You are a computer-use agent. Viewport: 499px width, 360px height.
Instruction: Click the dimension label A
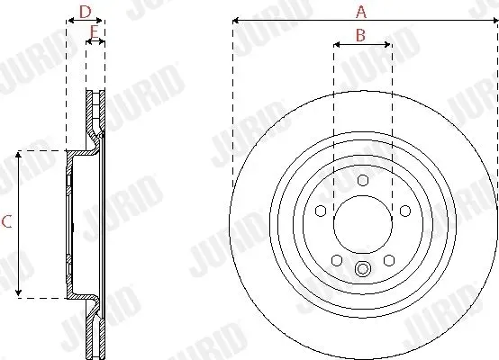click(361, 12)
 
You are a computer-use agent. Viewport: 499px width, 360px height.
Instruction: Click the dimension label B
click(360, 35)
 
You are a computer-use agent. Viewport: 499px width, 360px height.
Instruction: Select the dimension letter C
click(6, 221)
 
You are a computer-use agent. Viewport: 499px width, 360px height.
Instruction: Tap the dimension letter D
click(85, 12)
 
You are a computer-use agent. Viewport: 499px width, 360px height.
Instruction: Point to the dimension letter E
click(94, 31)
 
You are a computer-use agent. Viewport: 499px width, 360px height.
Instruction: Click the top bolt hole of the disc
click(363, 180)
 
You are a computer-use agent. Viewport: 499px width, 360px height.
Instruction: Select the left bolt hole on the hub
click(321, 211)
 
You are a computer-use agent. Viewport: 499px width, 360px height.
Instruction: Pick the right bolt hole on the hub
click(405, 211)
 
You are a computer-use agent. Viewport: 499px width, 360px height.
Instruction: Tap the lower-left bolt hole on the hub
click(337, 260)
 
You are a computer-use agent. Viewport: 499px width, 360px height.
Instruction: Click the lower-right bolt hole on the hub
click(389, 260)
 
